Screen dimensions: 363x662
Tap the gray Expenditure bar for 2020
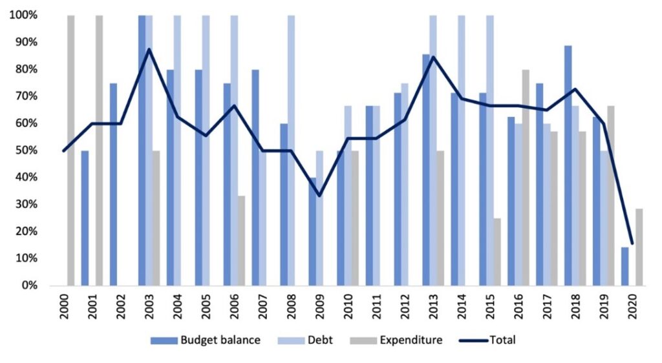[x=639, y=247]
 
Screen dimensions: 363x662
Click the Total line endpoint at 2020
[x=632, y=244]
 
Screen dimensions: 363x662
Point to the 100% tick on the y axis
[x=23, y=15]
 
